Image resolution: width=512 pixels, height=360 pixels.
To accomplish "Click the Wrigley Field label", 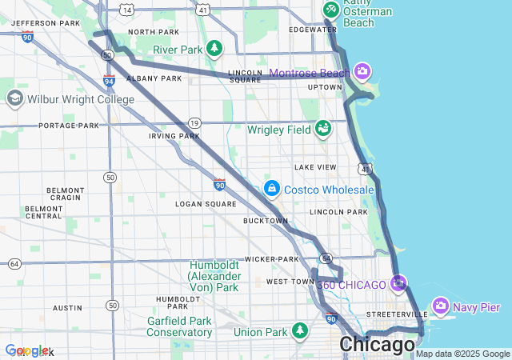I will [278, 129].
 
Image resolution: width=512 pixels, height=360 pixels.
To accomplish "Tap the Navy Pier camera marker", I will [440, 306].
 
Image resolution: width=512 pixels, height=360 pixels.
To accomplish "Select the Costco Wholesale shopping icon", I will [271, 189].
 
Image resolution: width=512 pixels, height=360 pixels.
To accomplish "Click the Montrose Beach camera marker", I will [362, 73].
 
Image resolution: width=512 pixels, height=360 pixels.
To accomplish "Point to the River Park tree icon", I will [214, 49].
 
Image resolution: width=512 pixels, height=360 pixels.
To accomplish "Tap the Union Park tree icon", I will [299, 330].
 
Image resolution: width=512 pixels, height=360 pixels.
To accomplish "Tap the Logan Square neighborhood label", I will [206, 204].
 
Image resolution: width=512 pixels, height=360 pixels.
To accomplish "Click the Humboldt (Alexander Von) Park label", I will [214, 276].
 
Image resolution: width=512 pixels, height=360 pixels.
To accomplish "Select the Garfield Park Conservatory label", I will [179, 326].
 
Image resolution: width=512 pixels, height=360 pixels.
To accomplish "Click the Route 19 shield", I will [194, 122].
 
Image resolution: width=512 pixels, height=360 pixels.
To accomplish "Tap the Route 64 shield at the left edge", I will [14, 263].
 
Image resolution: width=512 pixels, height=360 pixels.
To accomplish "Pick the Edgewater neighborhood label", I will [314, 30].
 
